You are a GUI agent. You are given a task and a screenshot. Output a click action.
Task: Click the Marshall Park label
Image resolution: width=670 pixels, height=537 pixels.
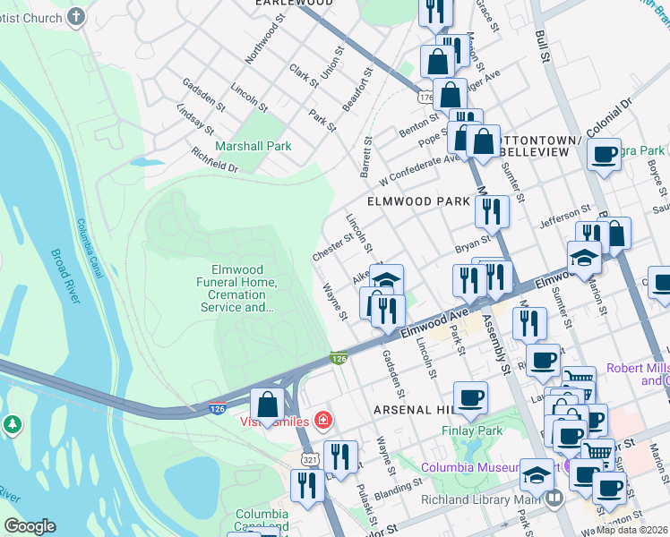253,146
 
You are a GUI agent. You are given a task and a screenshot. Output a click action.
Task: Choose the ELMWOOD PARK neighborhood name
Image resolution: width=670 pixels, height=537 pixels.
417,201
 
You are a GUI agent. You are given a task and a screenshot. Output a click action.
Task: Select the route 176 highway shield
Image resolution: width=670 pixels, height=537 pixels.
425,96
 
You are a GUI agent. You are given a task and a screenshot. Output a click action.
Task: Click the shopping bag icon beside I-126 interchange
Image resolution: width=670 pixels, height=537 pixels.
267,407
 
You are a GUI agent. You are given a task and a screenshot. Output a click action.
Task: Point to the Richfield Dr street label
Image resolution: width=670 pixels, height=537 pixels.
214,160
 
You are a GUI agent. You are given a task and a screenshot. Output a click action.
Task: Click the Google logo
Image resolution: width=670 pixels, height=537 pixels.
30,526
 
